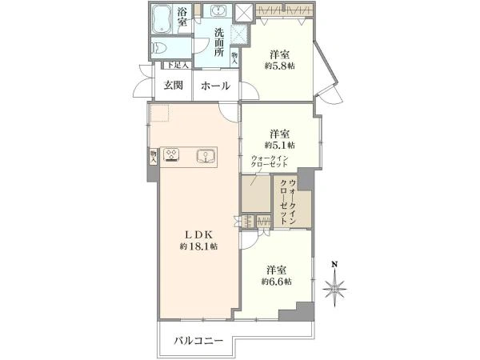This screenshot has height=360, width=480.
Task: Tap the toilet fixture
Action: pyautogui.click(x=160, y=48)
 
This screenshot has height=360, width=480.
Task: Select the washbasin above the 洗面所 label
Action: pyautogui.click(x=216, y=12)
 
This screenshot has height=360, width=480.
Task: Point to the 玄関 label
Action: pyautogui.click(x=174, y=85)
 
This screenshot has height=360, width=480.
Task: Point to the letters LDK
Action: pyautogui.click(x=198, y=234)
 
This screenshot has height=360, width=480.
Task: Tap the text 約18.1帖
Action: pyautogui.click(x=198, y=246)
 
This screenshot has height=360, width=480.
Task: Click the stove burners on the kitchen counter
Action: pyautogui.click(x=171, y=155)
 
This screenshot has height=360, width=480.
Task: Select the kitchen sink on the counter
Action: pyautogui.click(x=206, y=155)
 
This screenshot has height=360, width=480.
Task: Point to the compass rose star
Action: pyautogui.click(x=337, y=286)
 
